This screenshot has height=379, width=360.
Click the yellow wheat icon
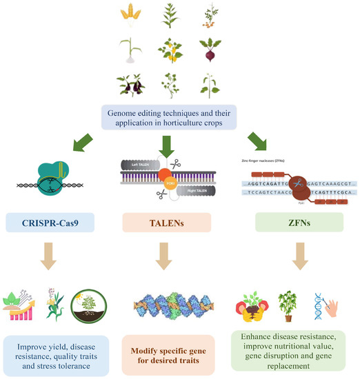(130, 16)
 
